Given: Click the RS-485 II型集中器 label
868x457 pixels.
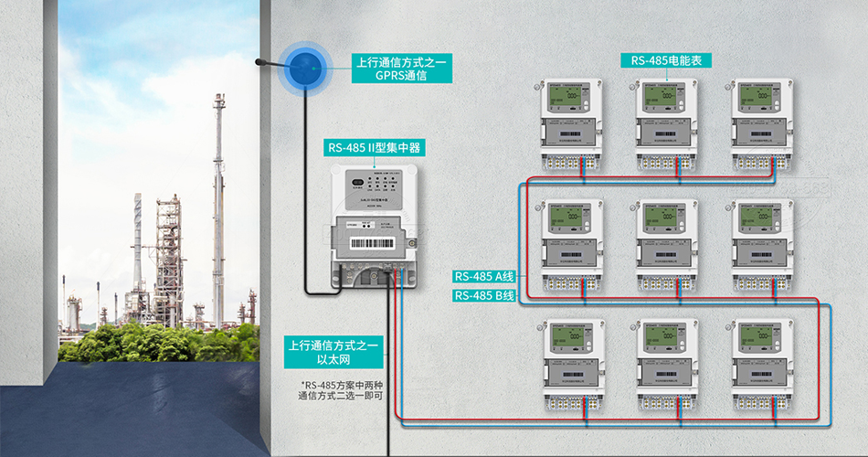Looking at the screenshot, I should [x=376, y=147].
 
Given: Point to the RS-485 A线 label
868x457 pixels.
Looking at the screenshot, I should [x=485, y=276].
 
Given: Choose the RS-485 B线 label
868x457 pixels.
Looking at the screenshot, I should [x=485, y=296].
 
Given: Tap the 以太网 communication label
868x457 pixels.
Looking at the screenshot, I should [x=334, y=354].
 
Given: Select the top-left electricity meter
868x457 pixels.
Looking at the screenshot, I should [x=571, y=122].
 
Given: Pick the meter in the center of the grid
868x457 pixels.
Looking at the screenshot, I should [x=668, y=242].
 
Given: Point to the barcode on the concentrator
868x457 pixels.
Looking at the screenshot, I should [x=376, y=246].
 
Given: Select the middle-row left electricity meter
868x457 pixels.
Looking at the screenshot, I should [x=571, y=242].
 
